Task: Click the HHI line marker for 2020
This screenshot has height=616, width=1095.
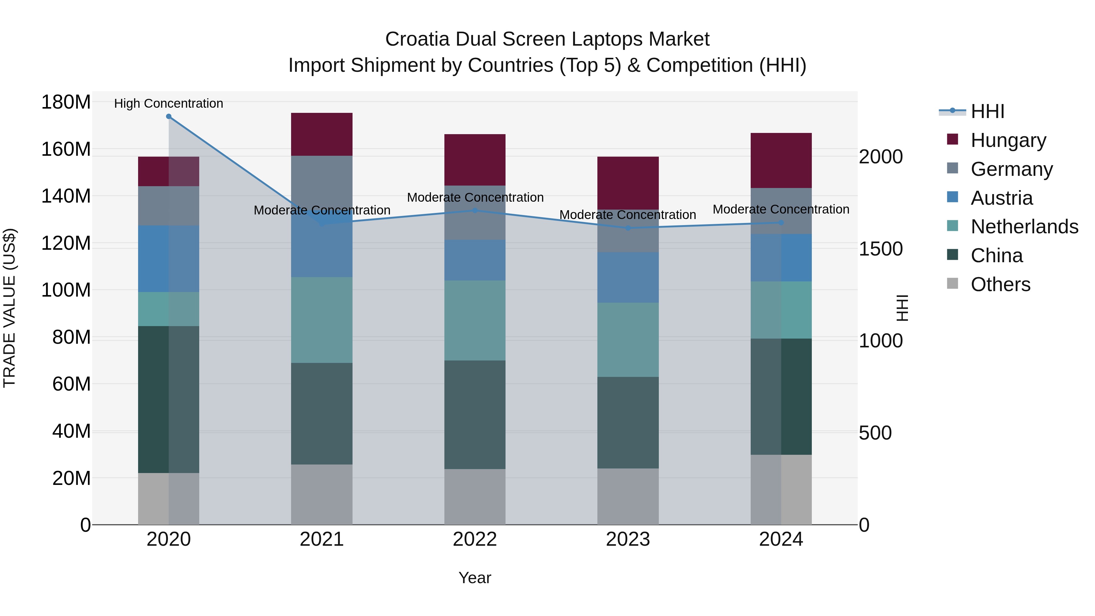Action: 169,117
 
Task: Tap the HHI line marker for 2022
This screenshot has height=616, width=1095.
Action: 475,211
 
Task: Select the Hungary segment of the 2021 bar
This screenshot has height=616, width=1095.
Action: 322,134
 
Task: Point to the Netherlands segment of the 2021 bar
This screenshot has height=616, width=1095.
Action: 322,320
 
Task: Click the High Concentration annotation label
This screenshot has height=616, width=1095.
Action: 169,103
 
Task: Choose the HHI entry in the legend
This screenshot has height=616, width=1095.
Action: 987,111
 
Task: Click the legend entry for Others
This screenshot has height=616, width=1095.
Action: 1000,284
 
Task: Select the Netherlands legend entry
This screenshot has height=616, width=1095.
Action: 1024,227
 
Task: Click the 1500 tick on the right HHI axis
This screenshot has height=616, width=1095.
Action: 880,249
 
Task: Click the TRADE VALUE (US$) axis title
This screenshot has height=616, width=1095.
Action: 9,308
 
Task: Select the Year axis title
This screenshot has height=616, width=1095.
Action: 475,578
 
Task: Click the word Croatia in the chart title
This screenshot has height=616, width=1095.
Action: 417,39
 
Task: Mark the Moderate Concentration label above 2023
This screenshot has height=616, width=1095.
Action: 628,215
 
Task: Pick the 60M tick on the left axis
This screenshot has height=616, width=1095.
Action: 71,384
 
